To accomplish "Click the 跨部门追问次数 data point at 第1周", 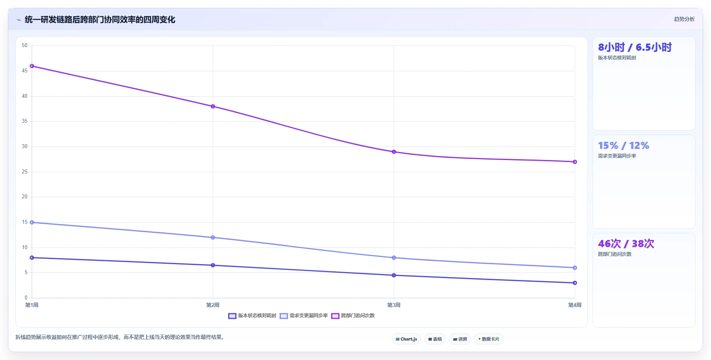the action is [32, 66].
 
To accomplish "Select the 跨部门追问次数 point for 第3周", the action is [394, 152].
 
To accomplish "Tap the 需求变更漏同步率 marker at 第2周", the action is [213, 238].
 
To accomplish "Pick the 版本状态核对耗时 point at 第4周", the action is [575, 283].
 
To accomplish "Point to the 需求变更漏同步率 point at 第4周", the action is [575, 268].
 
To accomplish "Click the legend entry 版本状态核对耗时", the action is [252, 316].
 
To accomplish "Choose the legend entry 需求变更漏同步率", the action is [304, 316].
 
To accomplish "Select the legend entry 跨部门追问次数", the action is [353, 316].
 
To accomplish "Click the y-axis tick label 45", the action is [25, 71].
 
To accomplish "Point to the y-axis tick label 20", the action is [25, 197].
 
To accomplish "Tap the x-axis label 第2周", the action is [213, 305].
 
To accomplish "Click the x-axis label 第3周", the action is [394, 305].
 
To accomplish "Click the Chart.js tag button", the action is [406, 339].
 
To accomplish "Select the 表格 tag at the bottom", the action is [435, 339].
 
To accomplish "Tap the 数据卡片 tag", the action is [489, 339].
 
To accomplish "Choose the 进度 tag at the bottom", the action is [460, 339].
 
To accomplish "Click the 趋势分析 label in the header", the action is [684, 19].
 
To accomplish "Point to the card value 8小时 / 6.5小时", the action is [635, 48].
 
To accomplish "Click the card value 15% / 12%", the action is [623, 146].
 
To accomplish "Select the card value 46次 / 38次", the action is [626, 244].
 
